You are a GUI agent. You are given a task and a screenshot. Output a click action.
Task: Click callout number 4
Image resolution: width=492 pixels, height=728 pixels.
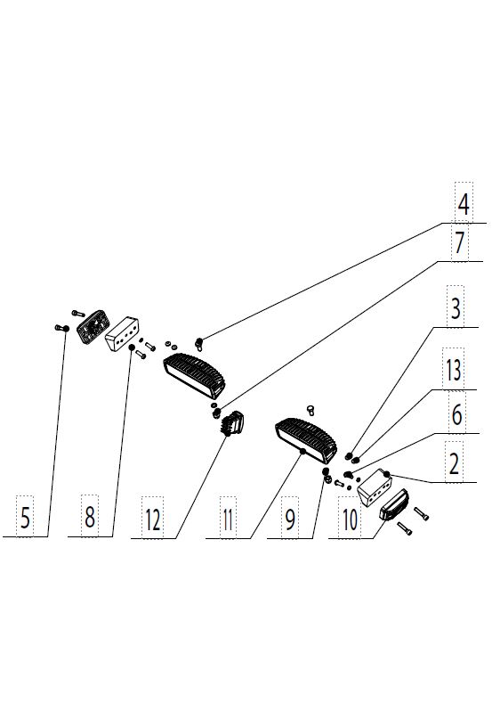click(x=463, y=205)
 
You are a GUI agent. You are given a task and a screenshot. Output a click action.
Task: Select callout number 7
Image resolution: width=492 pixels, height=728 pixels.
click(x=459, y=243)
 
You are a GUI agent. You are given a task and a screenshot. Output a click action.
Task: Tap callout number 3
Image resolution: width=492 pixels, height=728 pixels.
click(x=456, y=308)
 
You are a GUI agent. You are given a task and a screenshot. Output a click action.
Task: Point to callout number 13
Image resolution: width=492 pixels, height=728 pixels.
click(x=454, y=371)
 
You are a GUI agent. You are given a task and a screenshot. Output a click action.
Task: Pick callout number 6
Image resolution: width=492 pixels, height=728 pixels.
click(x=456, y=414)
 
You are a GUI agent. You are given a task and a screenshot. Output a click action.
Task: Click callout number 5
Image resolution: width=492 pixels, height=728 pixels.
click(x=26, y=518)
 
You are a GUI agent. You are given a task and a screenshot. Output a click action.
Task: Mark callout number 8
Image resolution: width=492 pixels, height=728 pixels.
click(x=90, y=516)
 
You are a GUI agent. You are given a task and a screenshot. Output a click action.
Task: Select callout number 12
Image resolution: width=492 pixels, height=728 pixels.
click(x=152, y=519)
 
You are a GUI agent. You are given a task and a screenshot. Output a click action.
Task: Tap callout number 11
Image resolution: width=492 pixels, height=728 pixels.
click(x=227, y=519)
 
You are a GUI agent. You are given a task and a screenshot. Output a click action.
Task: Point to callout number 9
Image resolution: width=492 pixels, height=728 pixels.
click(x=290, y=519)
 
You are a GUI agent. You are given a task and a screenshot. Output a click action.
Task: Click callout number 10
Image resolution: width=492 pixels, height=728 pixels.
click(x=351, y=519)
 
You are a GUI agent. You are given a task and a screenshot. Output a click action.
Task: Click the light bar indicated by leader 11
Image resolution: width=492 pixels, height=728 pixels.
click(x=306, y=440)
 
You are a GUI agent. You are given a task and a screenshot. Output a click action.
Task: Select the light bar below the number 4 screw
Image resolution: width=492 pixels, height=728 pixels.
click(x=194, y=376)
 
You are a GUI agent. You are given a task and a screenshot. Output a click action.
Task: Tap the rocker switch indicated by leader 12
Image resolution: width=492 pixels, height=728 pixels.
click(x=233, y=423)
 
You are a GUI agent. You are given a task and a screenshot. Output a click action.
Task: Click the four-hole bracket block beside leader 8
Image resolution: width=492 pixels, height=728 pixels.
click(x=123, y=335)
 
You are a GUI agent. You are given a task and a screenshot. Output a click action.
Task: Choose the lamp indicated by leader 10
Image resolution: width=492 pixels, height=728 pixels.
click(x=394, y=504)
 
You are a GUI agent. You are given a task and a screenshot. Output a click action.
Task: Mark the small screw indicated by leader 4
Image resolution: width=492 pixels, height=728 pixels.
click(x=199, y=344)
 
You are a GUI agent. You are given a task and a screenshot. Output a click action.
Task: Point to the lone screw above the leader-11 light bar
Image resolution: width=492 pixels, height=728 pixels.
click(x=311, y=410)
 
